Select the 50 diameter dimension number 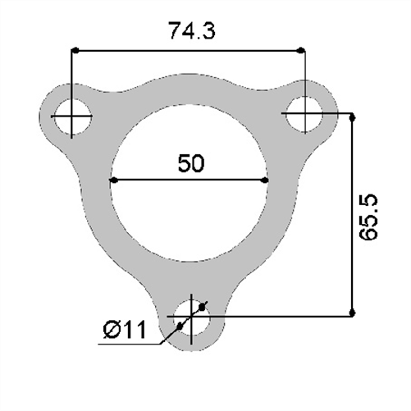click(x=190, y=163)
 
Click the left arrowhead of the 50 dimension click(x=114, y=180)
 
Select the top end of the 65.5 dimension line click(x=353, y=117)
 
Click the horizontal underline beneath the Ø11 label click(x=131, y=344)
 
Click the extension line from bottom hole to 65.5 click(x=279, y=313)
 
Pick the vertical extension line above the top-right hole click(x=305, y=74)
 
